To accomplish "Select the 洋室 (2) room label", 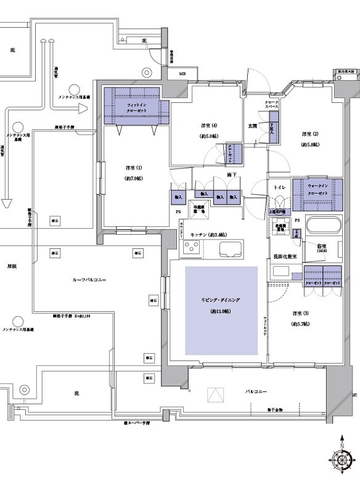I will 309,134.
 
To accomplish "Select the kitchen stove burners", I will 190,250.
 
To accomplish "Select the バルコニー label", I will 255,391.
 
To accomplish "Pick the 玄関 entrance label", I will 253,127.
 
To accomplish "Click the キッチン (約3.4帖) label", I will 208,235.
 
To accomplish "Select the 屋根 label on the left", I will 11,267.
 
